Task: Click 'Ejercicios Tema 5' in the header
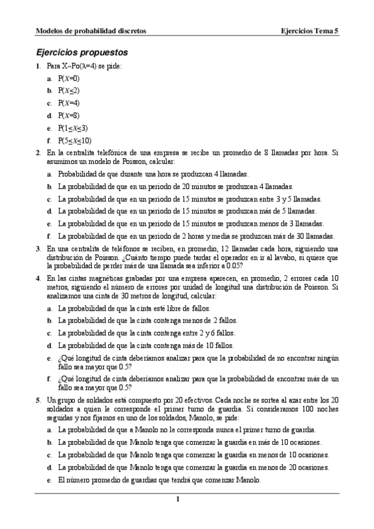(x=310, y=30)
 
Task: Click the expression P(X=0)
(x=69, y=79)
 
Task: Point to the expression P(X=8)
(x=69, y=115)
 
